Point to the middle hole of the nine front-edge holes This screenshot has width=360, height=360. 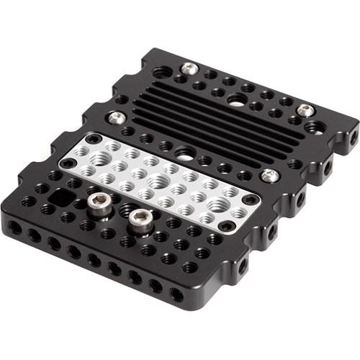coord(94,261)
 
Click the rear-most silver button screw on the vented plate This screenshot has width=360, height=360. coord(189,68)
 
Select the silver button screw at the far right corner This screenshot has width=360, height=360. coord(305,111)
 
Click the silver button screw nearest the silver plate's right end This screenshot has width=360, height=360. coord(269,175)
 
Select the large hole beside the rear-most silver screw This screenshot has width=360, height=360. coord(163,73)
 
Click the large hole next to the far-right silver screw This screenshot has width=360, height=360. coord(314,127)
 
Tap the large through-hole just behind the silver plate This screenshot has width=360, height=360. coord(185,153)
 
